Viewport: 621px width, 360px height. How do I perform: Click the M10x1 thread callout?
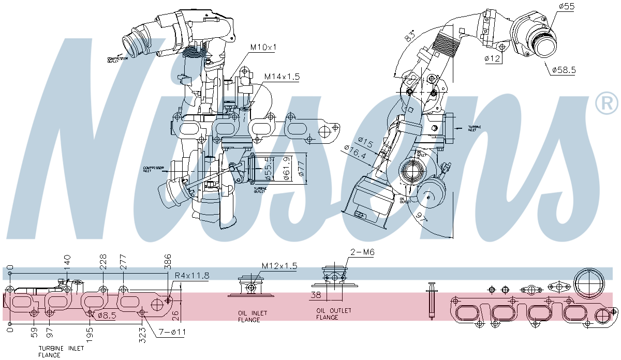tap(263, 47)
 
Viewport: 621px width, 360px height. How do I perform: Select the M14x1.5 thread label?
tap(282, 77)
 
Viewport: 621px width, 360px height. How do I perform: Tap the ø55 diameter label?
tap(567, 6)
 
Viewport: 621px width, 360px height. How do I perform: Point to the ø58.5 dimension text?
tap(564, 69)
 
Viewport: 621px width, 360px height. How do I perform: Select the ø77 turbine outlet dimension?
tap(302, 168)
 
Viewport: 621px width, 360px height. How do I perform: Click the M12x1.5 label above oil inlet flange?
tap(279, 266)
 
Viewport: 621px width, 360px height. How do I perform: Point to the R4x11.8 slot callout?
tap(191, 276)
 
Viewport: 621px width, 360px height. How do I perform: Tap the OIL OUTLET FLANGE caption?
tap(334, 314)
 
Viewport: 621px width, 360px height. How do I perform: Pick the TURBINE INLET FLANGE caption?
tap(61, 352)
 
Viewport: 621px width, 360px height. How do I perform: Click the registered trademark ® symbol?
tap(607, 103)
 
